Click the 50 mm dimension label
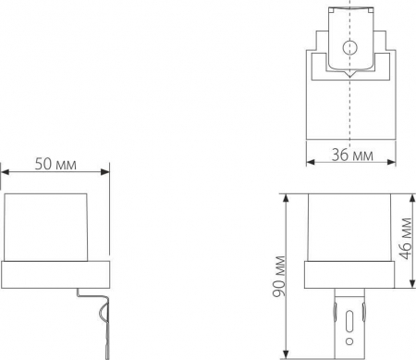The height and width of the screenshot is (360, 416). pos(55,162)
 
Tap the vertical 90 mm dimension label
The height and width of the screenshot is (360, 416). pos(278,277)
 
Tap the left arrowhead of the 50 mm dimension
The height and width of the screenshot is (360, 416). pos(6,171)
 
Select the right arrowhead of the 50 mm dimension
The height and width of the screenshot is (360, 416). pos(106,171)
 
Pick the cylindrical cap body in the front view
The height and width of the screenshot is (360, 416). pos(349,227)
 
